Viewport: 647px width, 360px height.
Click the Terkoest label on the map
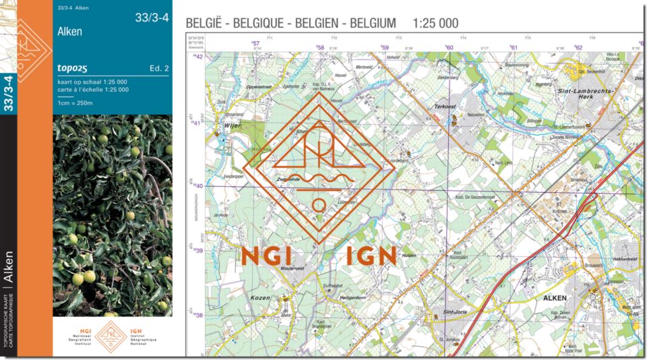click(x=445, y=107)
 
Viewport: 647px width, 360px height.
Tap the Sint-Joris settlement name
click(x=456, y=312)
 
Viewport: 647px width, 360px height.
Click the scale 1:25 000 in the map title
click(x=435, y=24)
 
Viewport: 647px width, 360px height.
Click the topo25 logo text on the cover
click(x=73, y=67)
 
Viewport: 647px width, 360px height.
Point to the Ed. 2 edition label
click(x=159, y=68)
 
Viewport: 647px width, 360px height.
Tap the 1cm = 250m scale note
click(x=75, y=103)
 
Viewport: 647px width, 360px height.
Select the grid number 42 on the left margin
click(x=198, y=57)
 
